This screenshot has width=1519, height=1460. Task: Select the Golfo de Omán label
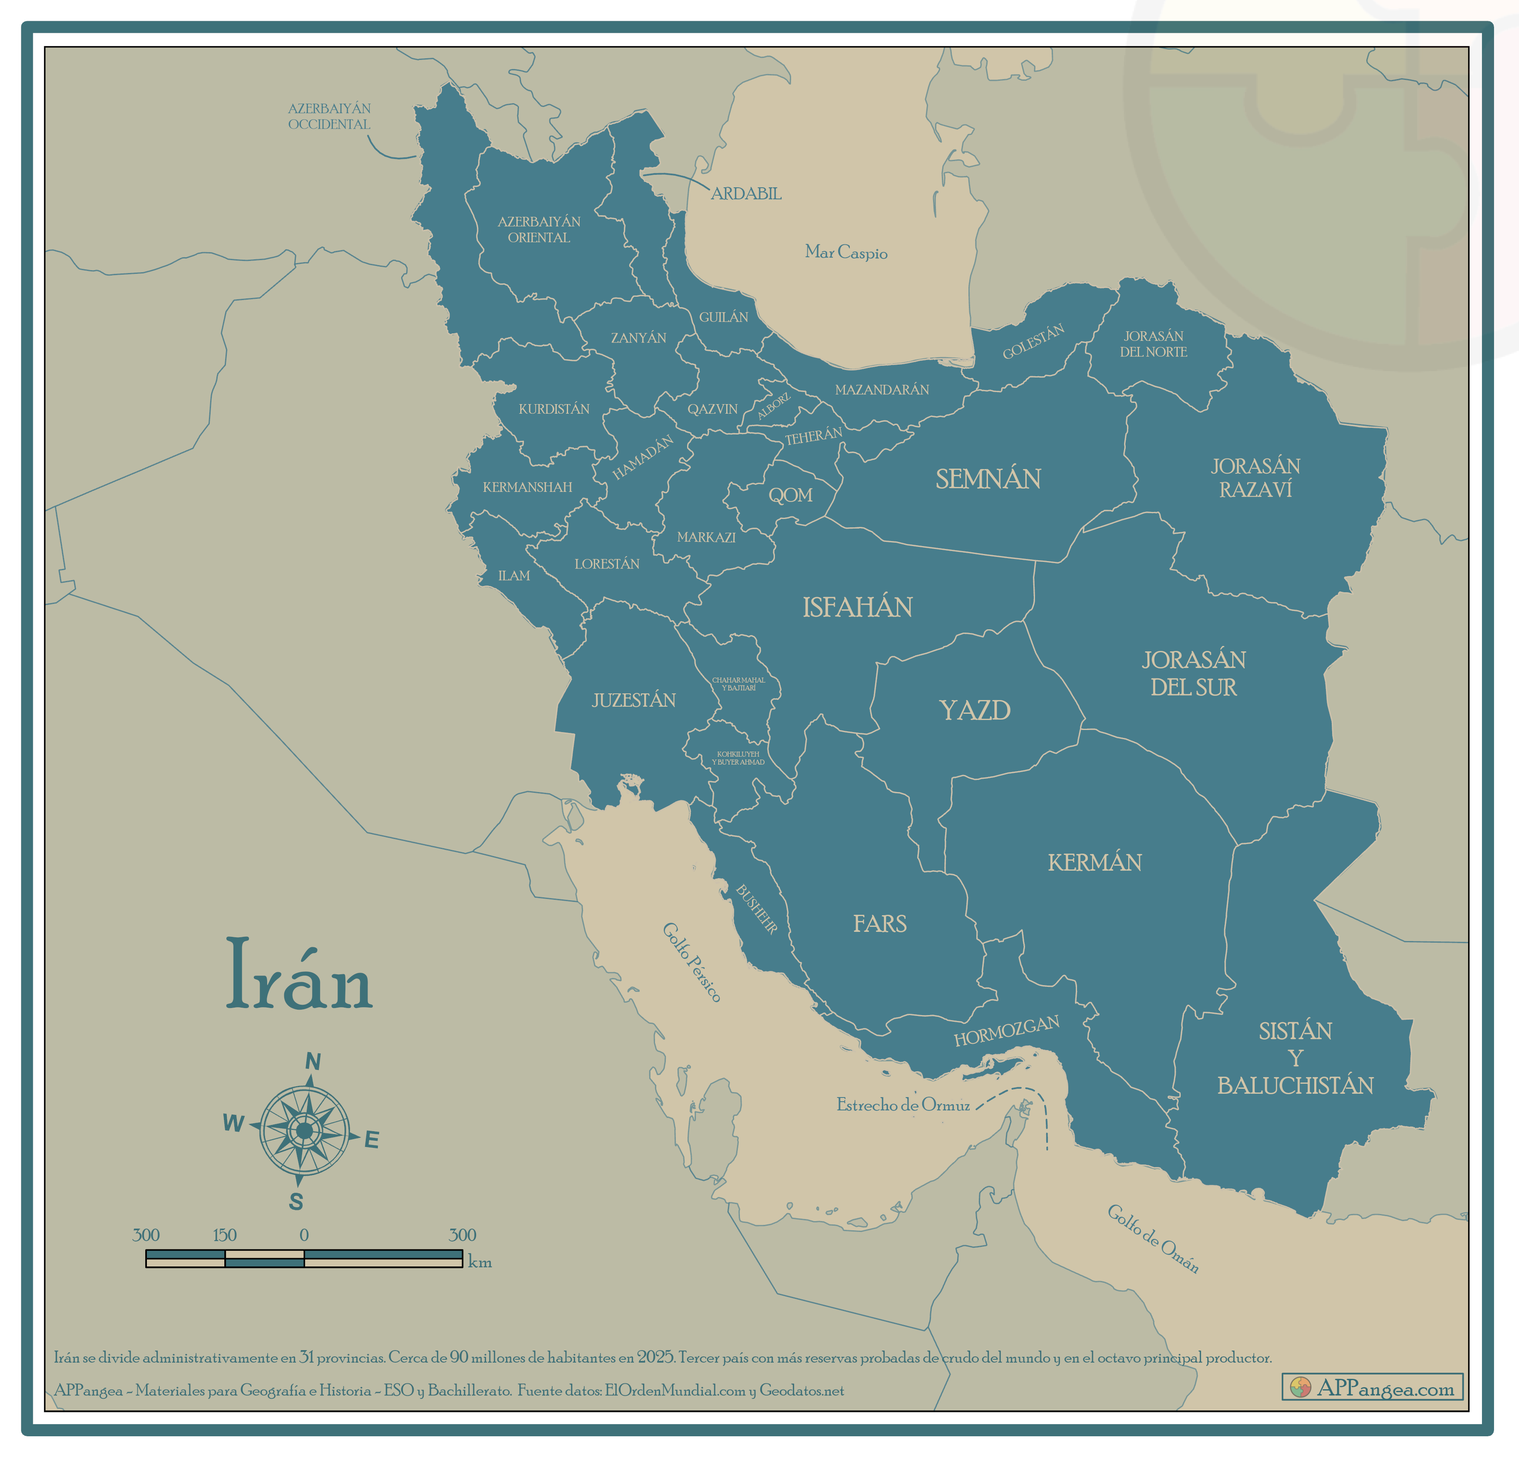point(1152,1238)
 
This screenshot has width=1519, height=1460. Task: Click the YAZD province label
point(974,710)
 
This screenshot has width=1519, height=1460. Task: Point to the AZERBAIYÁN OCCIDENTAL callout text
point(329,116)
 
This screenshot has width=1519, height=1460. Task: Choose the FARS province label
point(880,924)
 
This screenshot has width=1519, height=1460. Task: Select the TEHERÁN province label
point(813,436)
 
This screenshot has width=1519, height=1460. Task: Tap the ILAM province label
point(514,576)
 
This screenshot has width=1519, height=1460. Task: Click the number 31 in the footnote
point(306,1358)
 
